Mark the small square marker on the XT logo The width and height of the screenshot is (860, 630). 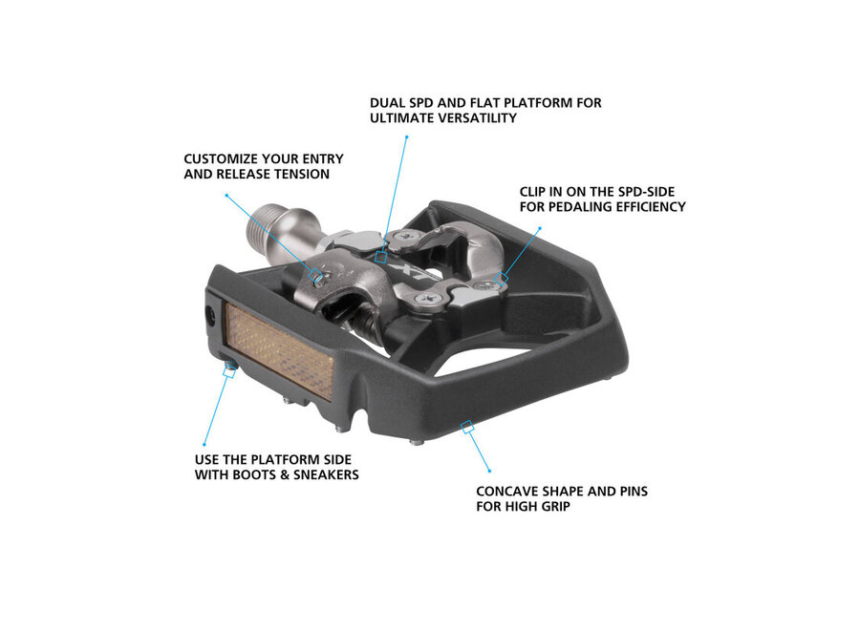click(381, 257)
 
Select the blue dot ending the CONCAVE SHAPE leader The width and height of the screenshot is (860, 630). click(490, 471)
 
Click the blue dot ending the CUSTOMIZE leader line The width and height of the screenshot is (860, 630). click(226, 194)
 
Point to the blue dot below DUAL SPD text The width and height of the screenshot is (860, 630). click(406, 136)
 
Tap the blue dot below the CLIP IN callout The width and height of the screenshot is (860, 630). click(540, 228)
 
